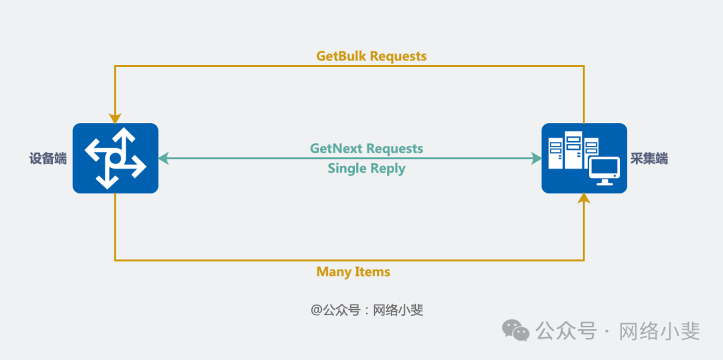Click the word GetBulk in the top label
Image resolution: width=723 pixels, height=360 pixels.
341,56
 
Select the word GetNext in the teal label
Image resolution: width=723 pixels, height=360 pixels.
336,148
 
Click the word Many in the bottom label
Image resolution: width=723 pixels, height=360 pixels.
333,272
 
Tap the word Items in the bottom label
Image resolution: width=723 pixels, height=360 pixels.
372,272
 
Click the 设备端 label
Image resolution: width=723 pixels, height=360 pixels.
48,159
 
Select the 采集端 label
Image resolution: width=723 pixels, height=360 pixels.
649,159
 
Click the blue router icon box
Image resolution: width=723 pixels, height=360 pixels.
115,159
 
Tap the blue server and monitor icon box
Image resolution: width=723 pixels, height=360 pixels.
584,159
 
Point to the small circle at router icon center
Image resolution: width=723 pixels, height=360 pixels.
115,159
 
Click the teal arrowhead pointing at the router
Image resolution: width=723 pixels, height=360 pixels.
163,159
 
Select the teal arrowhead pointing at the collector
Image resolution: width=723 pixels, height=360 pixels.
537,159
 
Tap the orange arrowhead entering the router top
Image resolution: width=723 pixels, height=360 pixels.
115,119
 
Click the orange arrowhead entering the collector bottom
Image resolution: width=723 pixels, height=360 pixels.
584,197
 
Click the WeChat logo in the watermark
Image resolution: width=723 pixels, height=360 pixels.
516,330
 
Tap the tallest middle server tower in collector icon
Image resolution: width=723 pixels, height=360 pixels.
573,151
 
